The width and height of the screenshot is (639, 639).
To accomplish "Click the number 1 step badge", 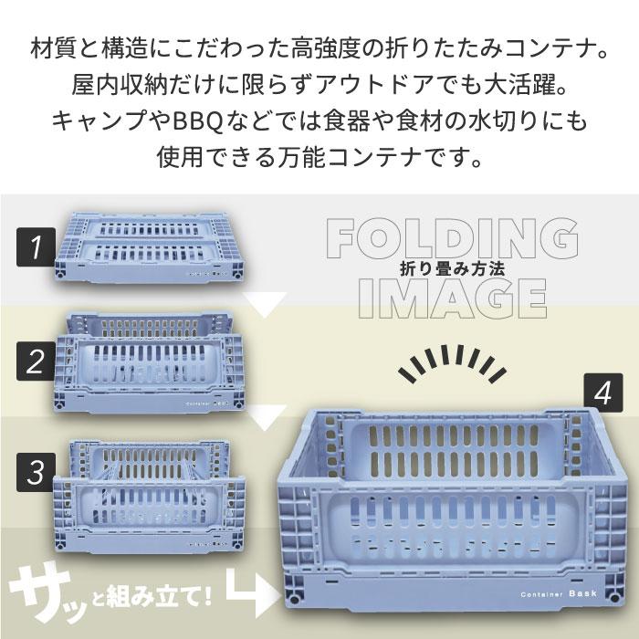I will (x=36, y=246).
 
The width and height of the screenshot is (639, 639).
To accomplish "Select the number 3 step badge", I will (x=36, y=471).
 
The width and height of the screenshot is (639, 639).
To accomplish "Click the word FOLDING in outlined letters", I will (x=453, y=239).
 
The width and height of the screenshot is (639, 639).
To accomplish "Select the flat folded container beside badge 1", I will (x=152, y=244).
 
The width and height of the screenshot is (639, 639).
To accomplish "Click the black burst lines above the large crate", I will (x=446, y=363).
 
